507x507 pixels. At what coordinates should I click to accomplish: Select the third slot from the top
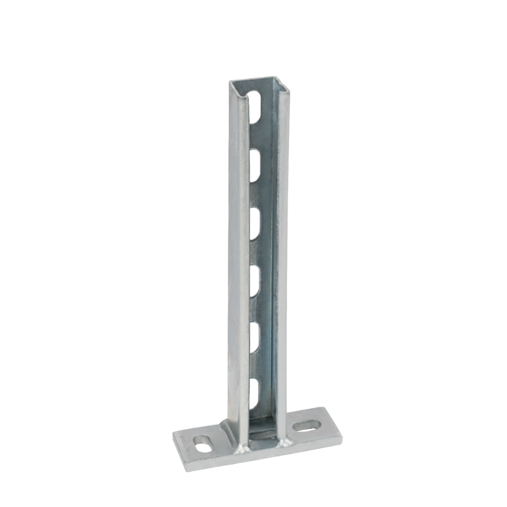[x=257, y=220]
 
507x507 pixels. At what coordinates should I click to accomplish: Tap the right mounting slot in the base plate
[x=309, y=421]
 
